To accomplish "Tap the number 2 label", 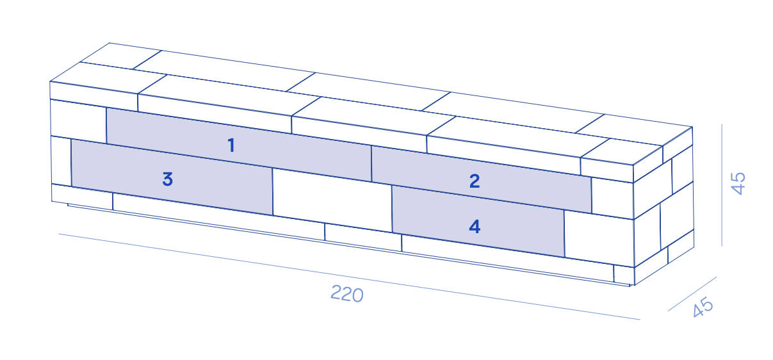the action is pyautogui.click(x=475, y=181).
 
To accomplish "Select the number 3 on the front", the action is pyautogui.click(x=167, y=179).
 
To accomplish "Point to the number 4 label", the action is pyautogui.click(x=475, y=227).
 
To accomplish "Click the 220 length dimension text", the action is pyautogui.click(x=347, y=294).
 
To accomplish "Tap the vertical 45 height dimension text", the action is pyautogui.click(x=738, y=183).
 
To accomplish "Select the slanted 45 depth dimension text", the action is pyautogui.click(x=703, y=307).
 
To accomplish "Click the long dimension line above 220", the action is pyautogui.click(x=349, y=277).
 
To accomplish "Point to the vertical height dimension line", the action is pyautogui.click(x=722, y=185).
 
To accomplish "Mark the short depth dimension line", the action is pyautogui.click(x=692, y=294).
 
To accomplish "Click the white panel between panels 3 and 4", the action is pyautogui.click(x=332, y=200).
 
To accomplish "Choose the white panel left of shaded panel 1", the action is pyautogui.click(x=78, y=121).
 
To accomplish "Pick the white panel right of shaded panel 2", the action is pyautogui.click(x=612, y=199).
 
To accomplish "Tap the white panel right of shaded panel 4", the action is pyautogui.click(x=599, y=239).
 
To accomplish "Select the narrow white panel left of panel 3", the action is pyautogui.click(x=61, y=161).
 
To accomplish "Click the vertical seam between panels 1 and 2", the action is pyautogui.click(x=371, y=163).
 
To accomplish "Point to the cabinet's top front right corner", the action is pyautogui.click(x=633, y=165).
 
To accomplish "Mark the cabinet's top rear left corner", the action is pyautogui.click(x=110, y=43).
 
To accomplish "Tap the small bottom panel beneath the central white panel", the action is pyautogui.click(x=363, y=238).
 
